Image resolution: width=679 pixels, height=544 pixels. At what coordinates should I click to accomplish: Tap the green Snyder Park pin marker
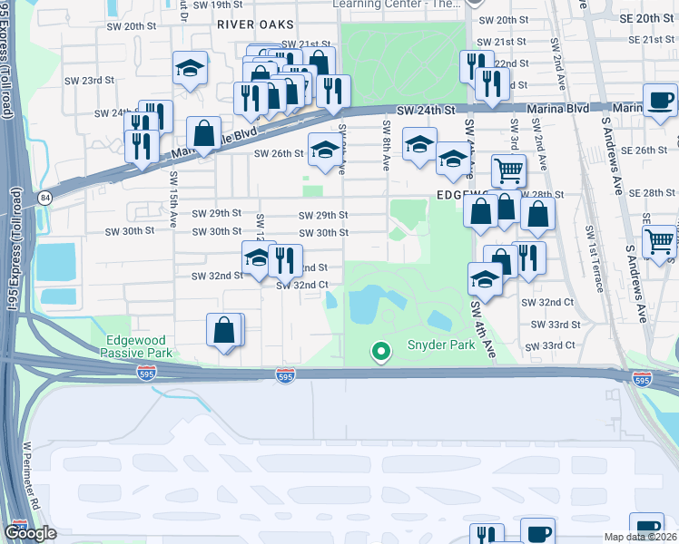tap(381, 350)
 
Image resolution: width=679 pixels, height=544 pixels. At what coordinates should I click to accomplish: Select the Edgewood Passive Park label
tap(138, 345)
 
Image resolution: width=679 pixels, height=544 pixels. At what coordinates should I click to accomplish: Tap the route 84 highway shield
tap(44, 197)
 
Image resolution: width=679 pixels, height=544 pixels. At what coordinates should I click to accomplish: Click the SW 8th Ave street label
tap(387, 145)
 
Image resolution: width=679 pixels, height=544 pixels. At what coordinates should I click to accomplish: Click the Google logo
tap(31, 533)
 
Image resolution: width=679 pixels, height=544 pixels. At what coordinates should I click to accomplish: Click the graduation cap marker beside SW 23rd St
tap(191, 68)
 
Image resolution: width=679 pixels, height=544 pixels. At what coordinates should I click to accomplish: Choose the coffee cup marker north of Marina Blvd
tap(660, 99)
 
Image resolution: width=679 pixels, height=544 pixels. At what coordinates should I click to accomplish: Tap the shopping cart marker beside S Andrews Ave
tap(660, 241)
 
